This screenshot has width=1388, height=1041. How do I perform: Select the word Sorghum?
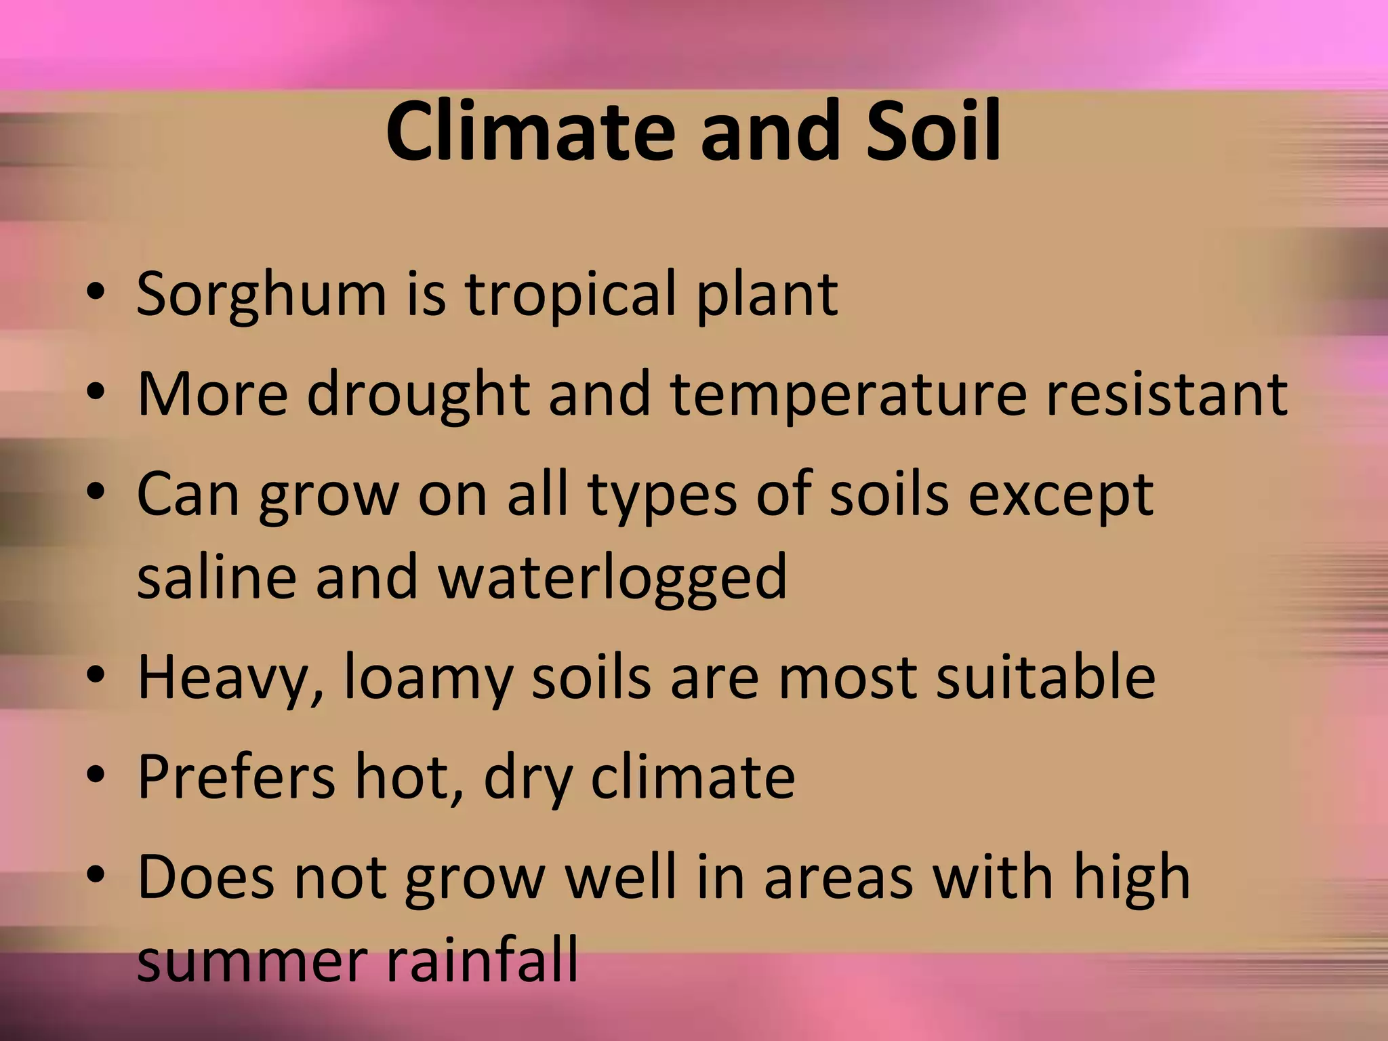coord(261,295)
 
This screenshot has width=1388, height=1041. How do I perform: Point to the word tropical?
coord(571,295)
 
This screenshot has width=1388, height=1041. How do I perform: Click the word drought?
coord(417,394)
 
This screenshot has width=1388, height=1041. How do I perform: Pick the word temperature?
coord(848,394)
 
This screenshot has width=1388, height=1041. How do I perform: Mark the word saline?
coord(216,577)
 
